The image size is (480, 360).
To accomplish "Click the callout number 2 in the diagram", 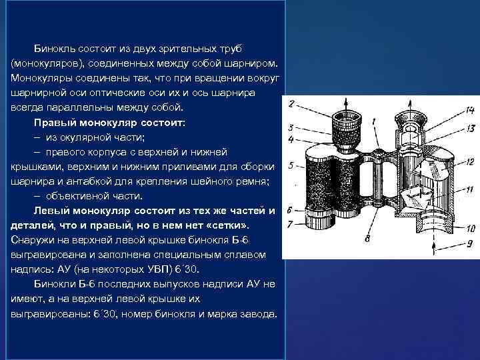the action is click(x=291, y=103).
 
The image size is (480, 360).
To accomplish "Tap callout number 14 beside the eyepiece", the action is click(x=469, y=109).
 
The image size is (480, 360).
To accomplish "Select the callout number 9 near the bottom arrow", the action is click(x=470, y=243).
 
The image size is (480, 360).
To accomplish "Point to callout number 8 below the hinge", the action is click(x=367, y=238).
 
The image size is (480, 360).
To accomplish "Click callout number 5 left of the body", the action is click(x=291, y=165).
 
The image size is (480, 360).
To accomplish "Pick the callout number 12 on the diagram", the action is click(x=470, y=161).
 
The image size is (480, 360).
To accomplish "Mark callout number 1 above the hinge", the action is click(x=374, y=122).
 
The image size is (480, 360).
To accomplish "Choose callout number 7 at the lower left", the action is click(x=290, y=225).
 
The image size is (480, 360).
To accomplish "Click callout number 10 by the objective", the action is click(x=471, y=228).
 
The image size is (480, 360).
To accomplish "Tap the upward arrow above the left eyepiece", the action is click(x=346, y=105).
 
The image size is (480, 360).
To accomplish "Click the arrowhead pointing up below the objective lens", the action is click(x=433, y=246).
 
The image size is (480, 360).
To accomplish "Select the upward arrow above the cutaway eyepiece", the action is click(x=411, y=105).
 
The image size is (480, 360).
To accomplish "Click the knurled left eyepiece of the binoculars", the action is click(x=346, y=131).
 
